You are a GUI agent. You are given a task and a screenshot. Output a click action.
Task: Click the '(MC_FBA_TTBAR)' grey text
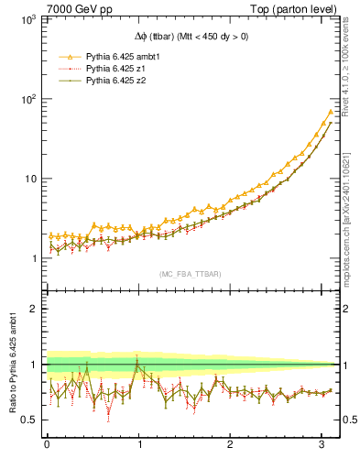click(190, 274)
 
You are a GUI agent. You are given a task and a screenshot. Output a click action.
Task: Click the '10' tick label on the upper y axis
click(29, 179)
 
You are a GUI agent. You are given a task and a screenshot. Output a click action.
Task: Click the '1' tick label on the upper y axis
click(33, 258)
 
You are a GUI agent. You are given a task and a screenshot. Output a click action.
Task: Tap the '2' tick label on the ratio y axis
click(33, 309)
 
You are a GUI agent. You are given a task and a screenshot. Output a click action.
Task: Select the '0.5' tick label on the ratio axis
click(28, 420)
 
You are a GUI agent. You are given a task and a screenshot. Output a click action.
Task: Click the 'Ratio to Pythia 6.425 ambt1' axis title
click(12, 366)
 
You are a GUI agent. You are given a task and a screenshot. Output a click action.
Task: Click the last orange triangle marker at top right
click(331, 112)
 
